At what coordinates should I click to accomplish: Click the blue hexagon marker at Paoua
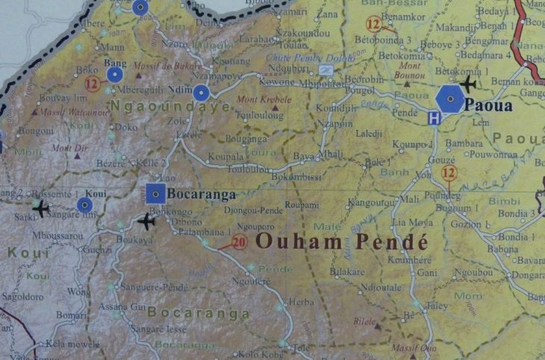tap(450, 99)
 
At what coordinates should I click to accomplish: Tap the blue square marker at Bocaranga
tap(155, 193)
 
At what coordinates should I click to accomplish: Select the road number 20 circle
tap(239, 241)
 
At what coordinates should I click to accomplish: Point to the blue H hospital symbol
tap(434, 118)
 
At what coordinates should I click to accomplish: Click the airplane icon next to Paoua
tap(468, 83)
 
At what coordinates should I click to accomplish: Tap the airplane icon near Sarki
tap(40, 207)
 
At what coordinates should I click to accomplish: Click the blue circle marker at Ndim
tap(201, 93)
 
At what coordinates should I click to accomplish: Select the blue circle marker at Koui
tap(85, 204)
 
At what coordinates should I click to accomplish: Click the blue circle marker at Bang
tap(114, 74)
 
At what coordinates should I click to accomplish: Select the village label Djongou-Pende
tap(254, 211)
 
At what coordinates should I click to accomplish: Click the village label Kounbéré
tap(411, 261)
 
